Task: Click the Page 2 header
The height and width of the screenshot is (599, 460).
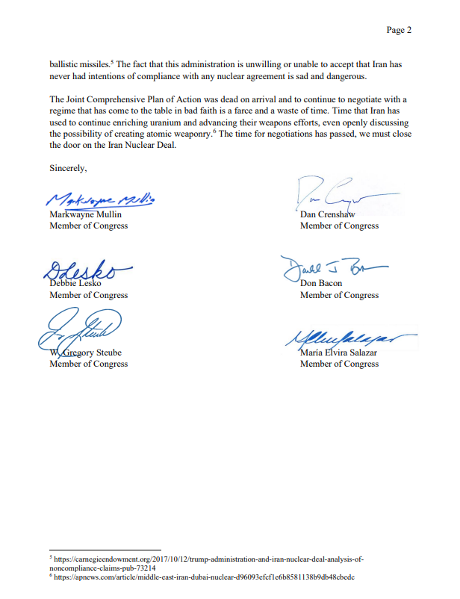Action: point(399,30)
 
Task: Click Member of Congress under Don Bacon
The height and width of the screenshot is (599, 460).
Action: point(339,295)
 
